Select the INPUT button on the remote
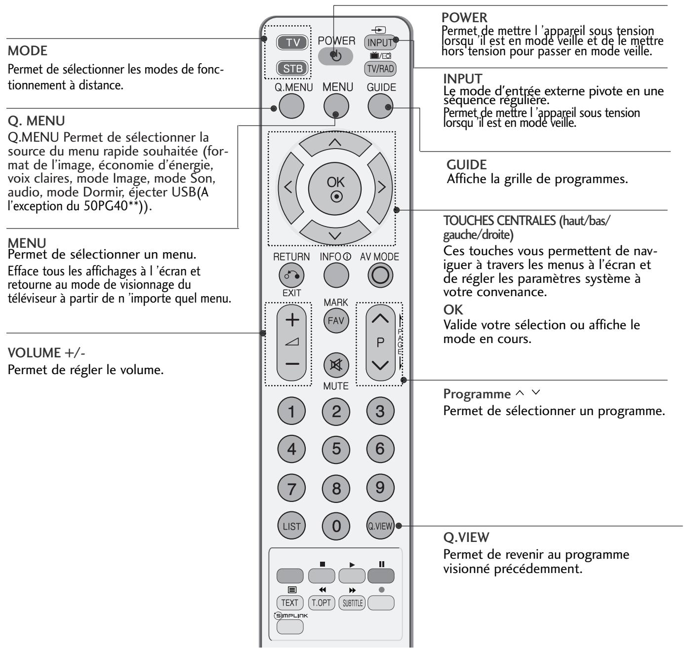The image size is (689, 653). [379, 43]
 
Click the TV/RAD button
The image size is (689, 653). [380, 69]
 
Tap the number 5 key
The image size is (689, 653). [336, 449]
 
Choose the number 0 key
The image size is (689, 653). [336, 526]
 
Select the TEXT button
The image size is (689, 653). [290, 602]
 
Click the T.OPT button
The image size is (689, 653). [321, 602]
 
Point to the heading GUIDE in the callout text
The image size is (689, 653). [465, 165]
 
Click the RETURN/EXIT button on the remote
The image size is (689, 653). [292, 276]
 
